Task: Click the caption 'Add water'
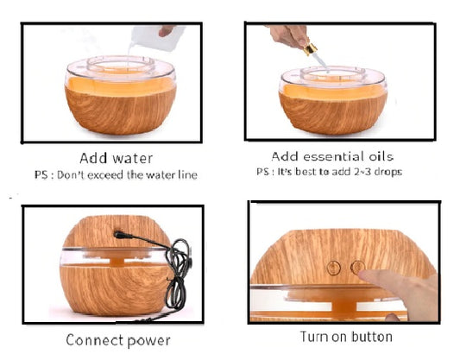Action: tap(116, 158)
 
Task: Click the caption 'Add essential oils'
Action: tap(332, 156)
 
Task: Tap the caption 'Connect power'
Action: tap(118, 339)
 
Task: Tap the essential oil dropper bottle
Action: tap(312, 50)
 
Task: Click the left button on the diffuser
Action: tap(332, 268)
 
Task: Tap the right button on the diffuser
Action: tap(356, 268)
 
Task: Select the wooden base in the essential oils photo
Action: tap(331, 112)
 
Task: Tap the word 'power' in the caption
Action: tap(148, 340)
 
